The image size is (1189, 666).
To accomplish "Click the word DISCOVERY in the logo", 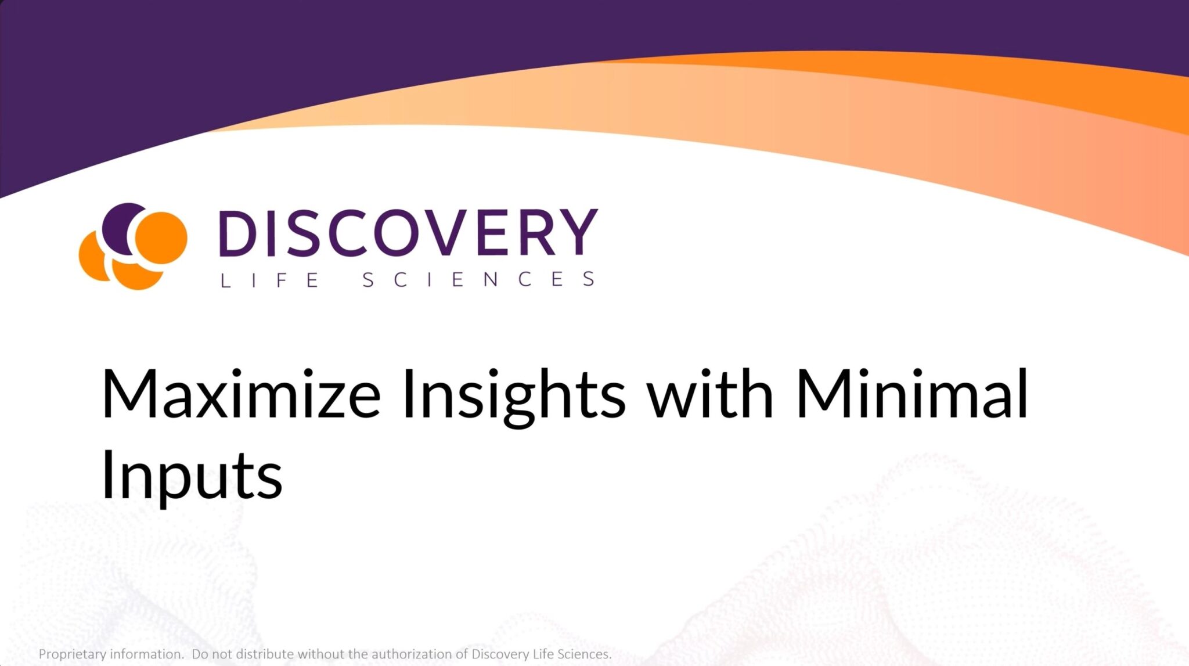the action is click(x=408, y=232).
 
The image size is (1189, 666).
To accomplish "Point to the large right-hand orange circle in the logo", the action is click(x=161, y=237).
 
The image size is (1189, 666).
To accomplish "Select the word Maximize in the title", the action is click(x=241, y=394).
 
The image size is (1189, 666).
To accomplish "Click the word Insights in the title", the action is click(x=514, y=397).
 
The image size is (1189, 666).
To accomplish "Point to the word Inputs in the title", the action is click(x=192, y=476).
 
